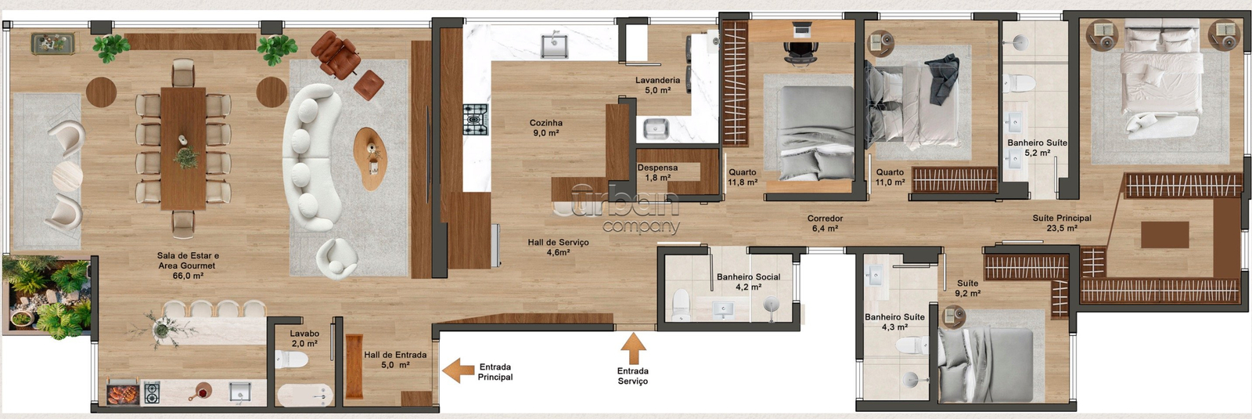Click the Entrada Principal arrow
tap(459, 370)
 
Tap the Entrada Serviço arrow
tap(633, 349)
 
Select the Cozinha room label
tap(546, 128)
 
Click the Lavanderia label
tap(657, 85)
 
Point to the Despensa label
tap(657, 172)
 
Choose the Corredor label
tap(825, 223)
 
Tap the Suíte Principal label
tap(1062, 222)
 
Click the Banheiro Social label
tap(748, 282)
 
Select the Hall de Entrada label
tap(395, 359)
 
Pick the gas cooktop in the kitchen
tap(476, 119)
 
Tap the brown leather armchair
tap(336, 54)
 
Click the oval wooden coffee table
tap(370, 159)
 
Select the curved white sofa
tap(310, 157)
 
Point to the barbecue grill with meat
tap(122, 393)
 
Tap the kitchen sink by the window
tap(554, 46)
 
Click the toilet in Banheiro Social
tap(681, 305)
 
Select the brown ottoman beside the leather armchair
tap(369, 85)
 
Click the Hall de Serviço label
tap(559, 247)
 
